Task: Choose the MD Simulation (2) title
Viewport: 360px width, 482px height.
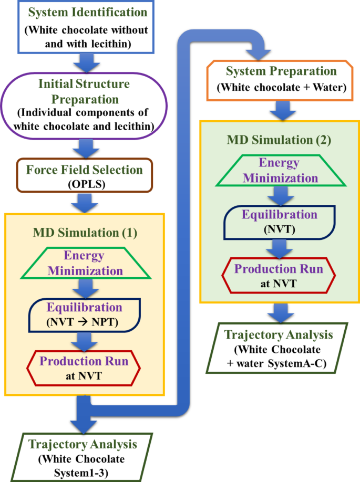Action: (x=280, y=141)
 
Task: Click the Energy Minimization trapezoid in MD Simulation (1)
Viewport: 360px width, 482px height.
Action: (x=84, y=264)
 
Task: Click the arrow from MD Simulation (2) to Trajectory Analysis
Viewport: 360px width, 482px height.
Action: (x=279, y=313)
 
